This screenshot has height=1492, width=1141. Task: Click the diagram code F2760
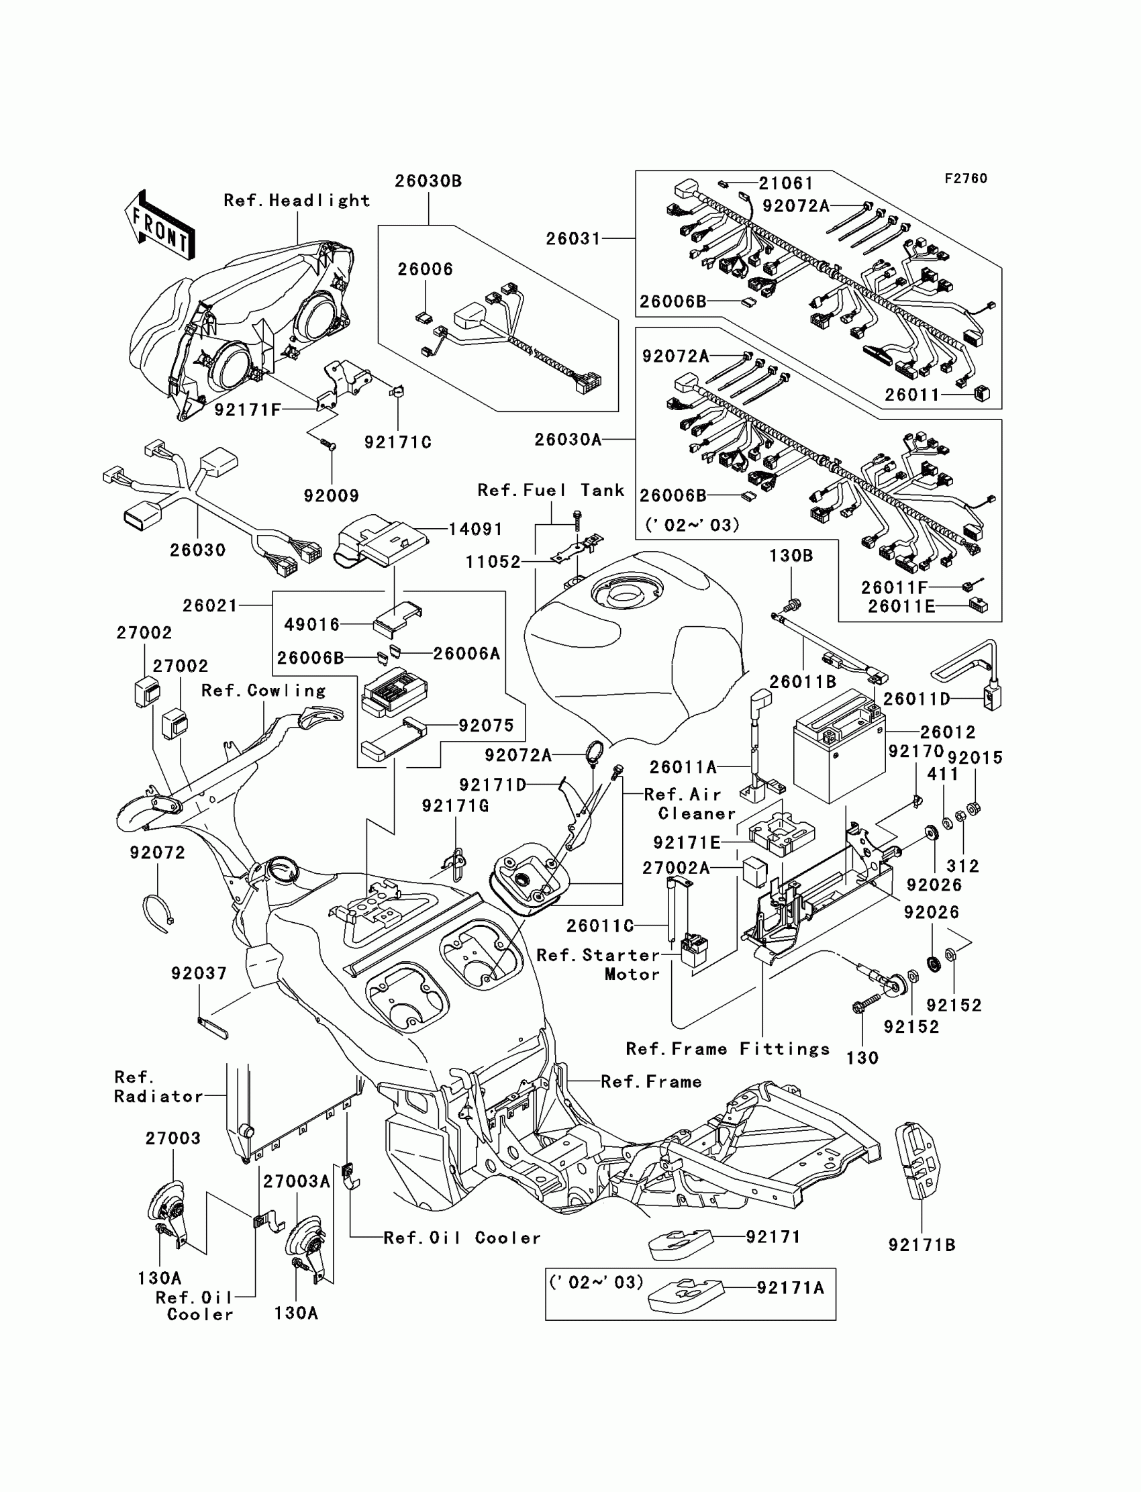click(x=966, y=179)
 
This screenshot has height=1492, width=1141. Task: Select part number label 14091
click(x=475, y=529)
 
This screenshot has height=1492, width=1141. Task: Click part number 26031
click(x=574, y=239)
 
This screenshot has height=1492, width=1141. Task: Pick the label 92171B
click(x=922, y=1245)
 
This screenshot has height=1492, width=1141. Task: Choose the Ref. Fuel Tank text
click(x=551, y=491)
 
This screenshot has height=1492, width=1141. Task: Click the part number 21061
click(x=786, y=183)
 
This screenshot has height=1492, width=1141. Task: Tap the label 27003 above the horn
click(x=173, y=1138)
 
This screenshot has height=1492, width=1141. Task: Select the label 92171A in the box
click(x=791, y=1288)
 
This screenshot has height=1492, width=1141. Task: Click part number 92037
click(x=199, y=974)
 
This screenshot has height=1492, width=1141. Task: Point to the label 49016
click(x=311, y=624)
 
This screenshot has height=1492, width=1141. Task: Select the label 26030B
click(x=429, y=181)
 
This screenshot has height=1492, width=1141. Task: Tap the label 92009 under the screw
click(x=332, y=496)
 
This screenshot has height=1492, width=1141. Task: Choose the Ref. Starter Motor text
click(x=598, y=964)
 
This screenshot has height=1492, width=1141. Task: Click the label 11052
click(x=493, y=562)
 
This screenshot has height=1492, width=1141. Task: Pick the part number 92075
click(x=487, y=726)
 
